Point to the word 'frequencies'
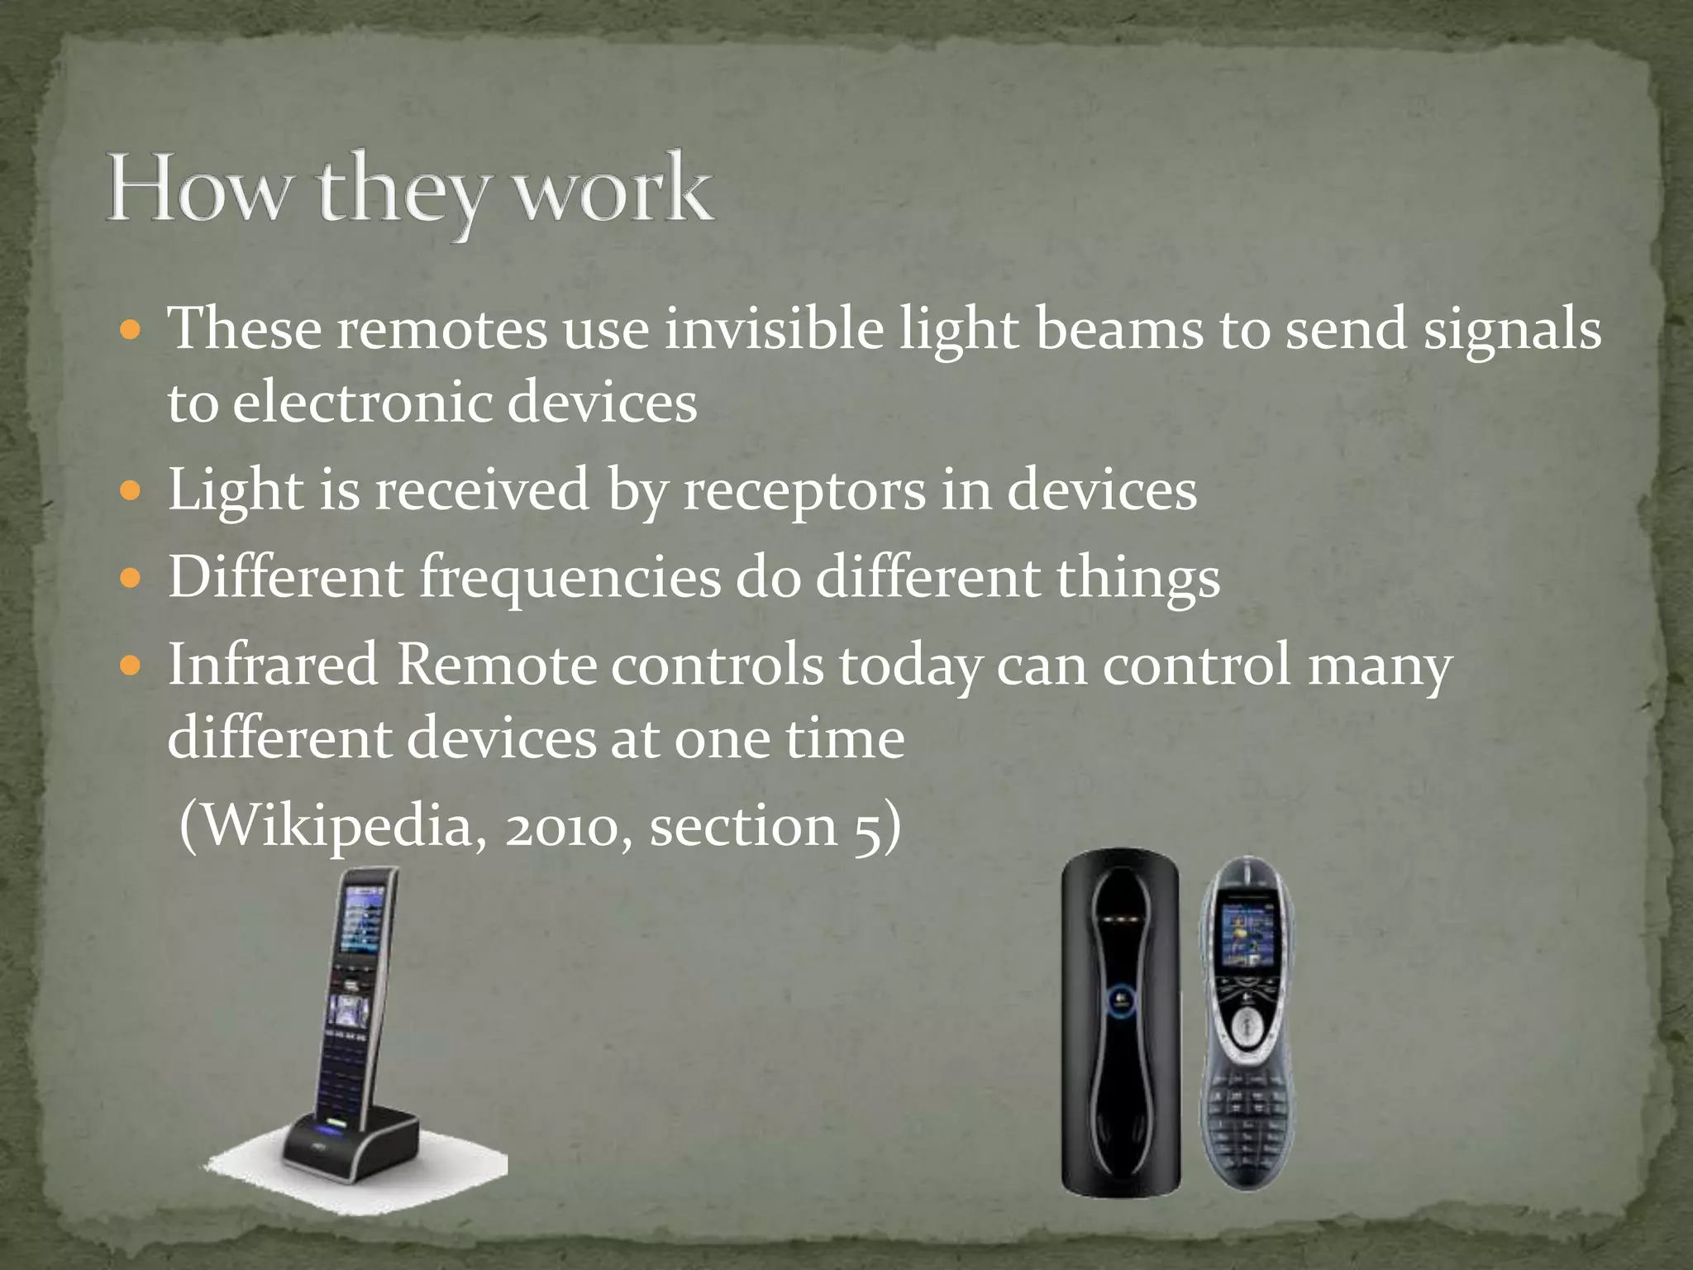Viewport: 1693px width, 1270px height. click(570, 576)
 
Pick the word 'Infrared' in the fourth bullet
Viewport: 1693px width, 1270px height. click(273, 664)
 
